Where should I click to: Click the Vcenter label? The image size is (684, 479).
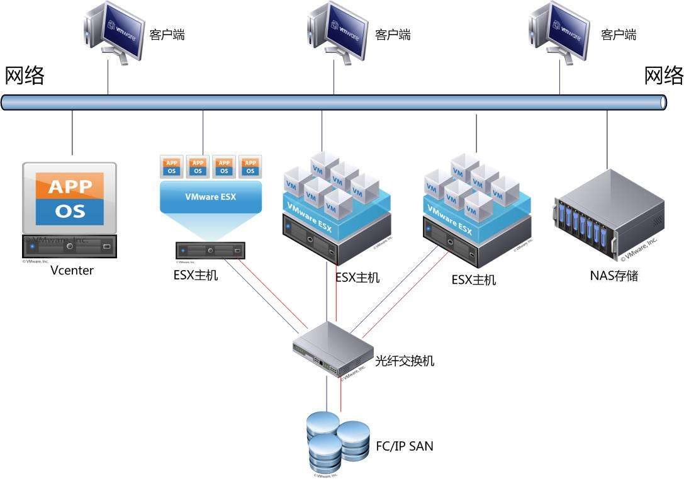pos(72,271)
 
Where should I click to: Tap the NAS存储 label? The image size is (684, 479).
pos(614,275)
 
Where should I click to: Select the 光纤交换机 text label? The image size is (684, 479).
pos(404,361)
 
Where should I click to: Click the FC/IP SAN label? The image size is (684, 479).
pos(404,446)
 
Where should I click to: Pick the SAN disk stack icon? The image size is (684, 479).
pos(337,440)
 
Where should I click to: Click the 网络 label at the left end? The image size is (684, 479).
pos(25,76)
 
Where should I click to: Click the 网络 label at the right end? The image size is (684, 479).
pos(664,76)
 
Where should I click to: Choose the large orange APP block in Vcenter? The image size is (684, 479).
pos(70,186)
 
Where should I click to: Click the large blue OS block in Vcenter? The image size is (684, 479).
pos(70,211)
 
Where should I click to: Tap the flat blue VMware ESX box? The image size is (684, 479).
pos(210,196)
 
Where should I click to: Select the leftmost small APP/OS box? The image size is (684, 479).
pos(172,167)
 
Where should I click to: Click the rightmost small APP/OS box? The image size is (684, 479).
pos(250,167)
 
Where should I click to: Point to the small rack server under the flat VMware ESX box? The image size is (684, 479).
pos(210,251)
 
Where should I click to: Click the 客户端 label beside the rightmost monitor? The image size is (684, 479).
pos(618,35)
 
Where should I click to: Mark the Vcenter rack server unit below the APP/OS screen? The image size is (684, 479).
pos(70,245)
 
